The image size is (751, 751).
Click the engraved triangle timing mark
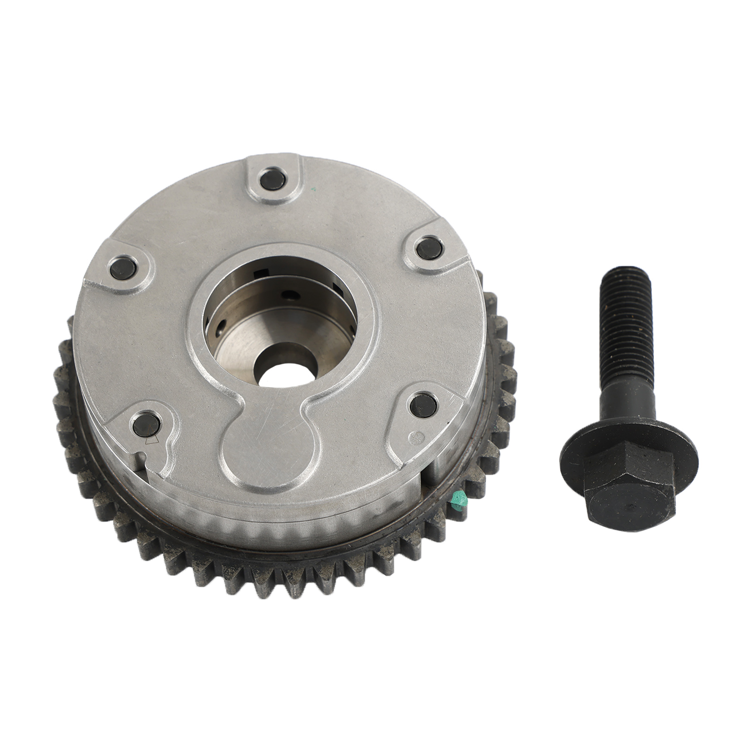pos(151,441)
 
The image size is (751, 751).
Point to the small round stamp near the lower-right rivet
pos(414,436)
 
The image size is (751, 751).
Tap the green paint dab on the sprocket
pos(455,500)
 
